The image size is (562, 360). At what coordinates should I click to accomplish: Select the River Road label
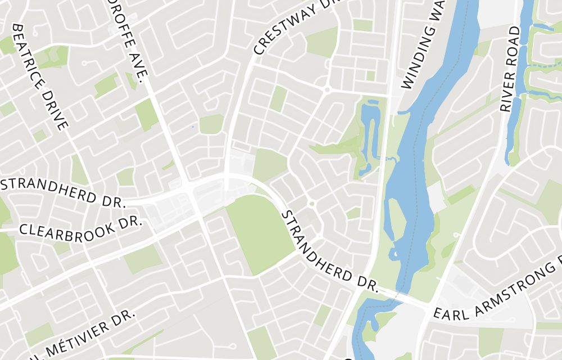[x=510, y=69]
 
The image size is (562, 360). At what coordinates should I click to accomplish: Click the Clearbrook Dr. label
[x=80, y=224]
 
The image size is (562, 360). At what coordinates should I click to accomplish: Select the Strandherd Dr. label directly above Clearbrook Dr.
[x=63, y=191]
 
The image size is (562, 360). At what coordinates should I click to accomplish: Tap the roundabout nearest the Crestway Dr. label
[x=327, y=89]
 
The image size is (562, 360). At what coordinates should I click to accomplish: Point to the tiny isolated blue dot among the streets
[x=193, y=127]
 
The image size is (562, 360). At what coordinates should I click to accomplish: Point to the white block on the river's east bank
[x=436, y=197]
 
